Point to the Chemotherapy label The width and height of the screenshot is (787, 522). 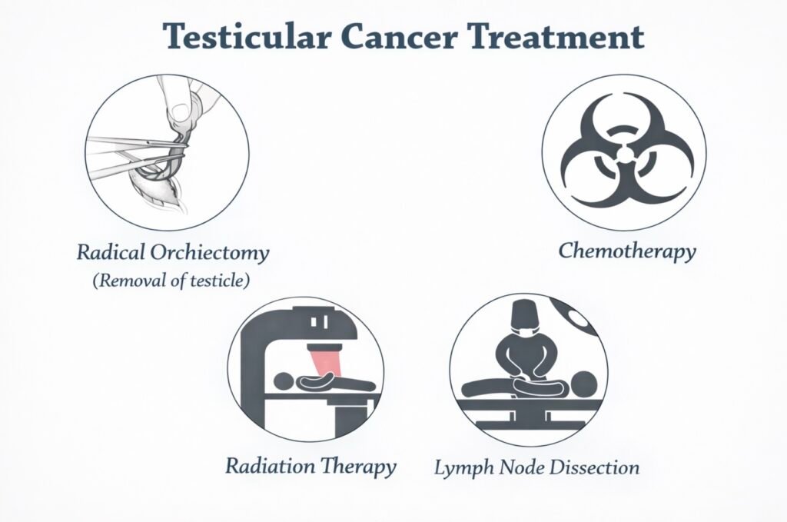(x=627, y=251)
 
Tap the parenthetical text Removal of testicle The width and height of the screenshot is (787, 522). (x=171, y=281)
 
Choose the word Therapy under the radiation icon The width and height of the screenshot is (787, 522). (x=358, y=466)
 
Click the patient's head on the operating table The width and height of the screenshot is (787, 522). (x=585, y=383)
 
